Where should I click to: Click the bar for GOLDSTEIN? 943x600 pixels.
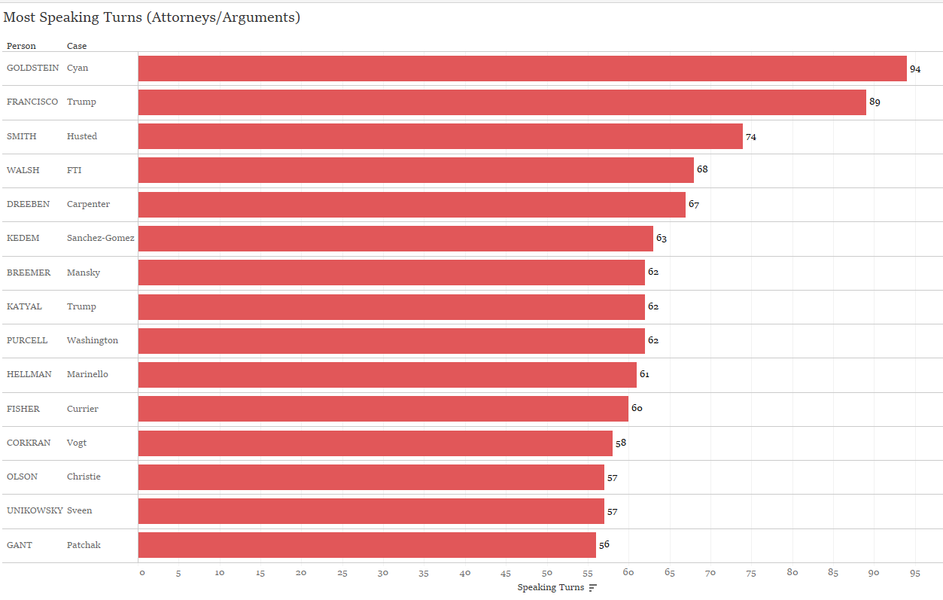(522, 69)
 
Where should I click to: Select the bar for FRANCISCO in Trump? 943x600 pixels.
(502, 102)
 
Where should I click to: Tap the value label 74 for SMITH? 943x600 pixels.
(751, 137)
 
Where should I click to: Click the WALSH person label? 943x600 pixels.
(23, 170)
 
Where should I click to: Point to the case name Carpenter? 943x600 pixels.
(88, 204)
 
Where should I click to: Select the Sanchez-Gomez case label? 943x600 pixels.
(101, 238)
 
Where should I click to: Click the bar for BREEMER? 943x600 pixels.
(391, 273)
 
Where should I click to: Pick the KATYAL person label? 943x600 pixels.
(24, 306)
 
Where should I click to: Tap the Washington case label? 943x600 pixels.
(93, 340)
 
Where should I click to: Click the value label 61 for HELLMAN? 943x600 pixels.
(644, 374)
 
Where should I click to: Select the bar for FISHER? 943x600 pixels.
(383, 409)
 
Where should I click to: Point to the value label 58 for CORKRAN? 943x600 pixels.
(621, 443)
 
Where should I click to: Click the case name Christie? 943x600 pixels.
(84, 477)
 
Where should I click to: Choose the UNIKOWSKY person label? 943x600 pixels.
(35, 510)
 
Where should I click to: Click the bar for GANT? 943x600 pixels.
(367, 545)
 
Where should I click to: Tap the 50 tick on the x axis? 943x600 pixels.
(547, 573)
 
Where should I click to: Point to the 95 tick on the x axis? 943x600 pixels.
(915, 573)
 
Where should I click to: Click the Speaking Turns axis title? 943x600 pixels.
(550, 588)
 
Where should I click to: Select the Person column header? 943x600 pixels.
(21, 46)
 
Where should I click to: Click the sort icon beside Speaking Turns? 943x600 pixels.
(593, 588)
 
